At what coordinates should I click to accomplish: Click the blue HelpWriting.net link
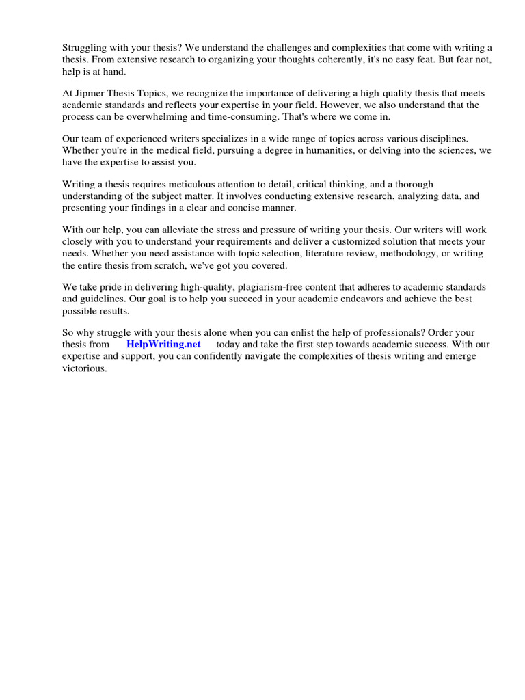(x=163, y=345)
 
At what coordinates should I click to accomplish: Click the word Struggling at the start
(x=85, y=47)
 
